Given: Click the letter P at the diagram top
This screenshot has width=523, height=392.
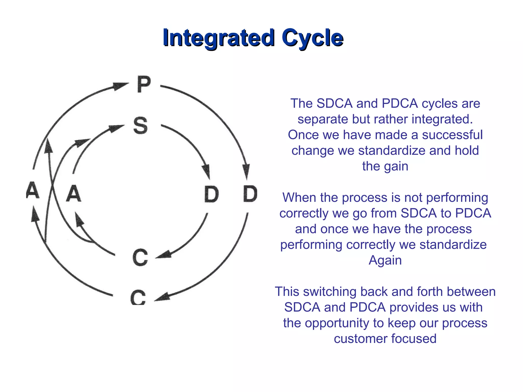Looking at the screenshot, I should pos(144,84).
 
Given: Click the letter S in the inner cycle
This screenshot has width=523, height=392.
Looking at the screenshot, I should pos(141,125).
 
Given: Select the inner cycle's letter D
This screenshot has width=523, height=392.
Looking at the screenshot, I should pos(211,194).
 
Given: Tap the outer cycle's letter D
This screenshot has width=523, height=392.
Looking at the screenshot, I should pos(250,194).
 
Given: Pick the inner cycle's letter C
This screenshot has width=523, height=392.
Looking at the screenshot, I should pos(140,258).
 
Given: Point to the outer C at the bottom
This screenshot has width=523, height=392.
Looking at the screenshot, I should pos(138,298).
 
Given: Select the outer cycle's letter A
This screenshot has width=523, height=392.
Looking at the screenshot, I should pos(33,190).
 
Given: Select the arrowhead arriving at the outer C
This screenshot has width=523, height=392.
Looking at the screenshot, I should pos(162,297).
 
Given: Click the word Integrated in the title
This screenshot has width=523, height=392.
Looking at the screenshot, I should pos(218,38).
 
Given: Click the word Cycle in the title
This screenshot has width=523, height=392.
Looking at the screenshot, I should pos(312,38).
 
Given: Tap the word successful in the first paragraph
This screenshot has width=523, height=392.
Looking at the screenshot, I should pos(452,135).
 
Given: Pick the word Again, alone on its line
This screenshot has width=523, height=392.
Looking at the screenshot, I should pos(385,260).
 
